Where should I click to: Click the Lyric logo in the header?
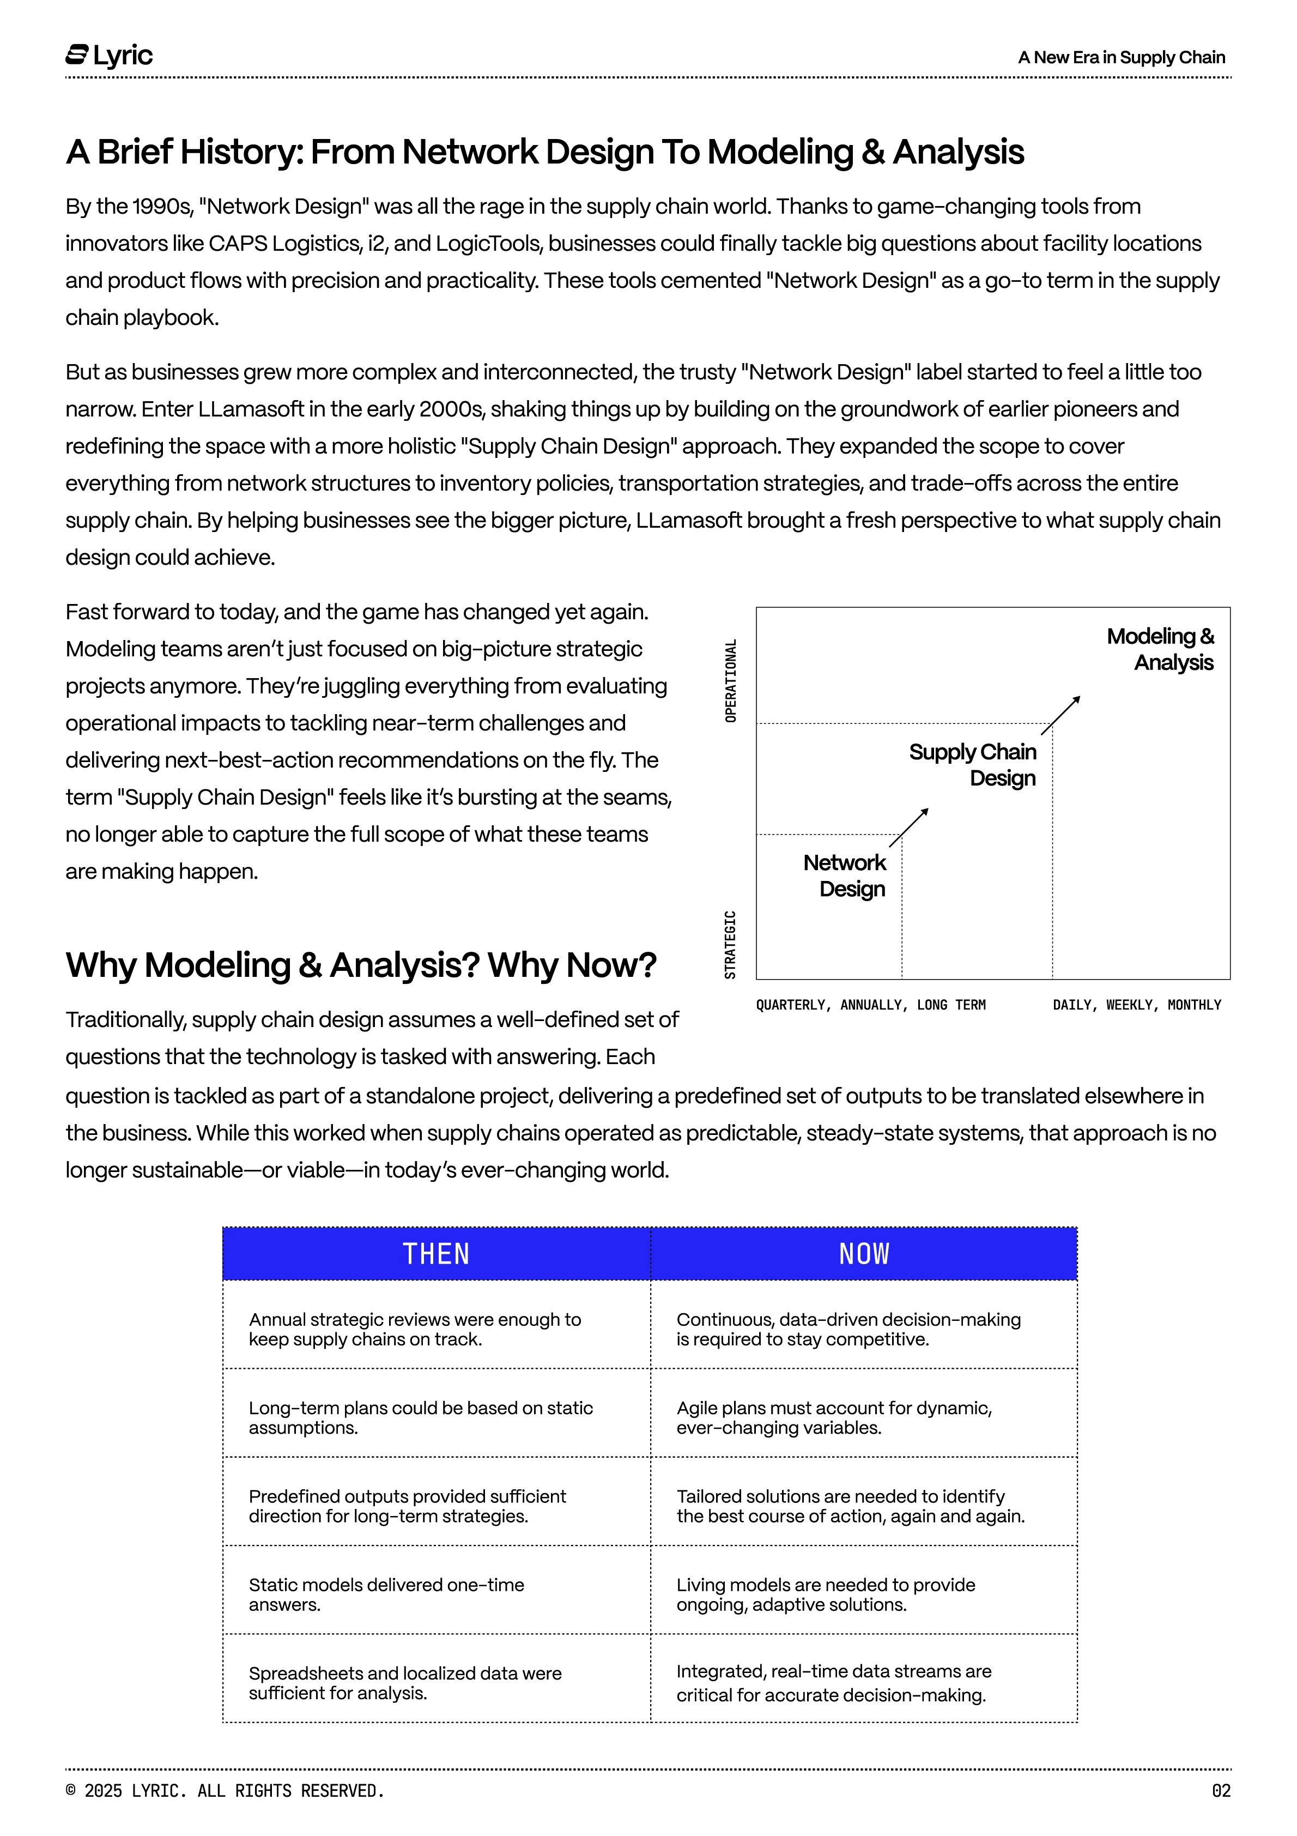click(109, 56)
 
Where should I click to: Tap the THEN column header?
click(436, 1253)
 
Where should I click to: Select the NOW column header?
click(864, 1253)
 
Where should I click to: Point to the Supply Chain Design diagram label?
click(973, 764)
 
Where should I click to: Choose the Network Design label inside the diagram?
click(845, 875)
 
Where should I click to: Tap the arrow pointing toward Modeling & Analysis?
click(1061, 715)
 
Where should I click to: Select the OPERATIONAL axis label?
click(730, 680)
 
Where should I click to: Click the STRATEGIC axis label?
click(730, 944)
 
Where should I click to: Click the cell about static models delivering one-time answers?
click(386, 1595)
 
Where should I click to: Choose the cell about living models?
click(825, 1595)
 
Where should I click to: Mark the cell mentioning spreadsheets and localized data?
click(404, 1682)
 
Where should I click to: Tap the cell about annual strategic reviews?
click(414, 1329)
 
